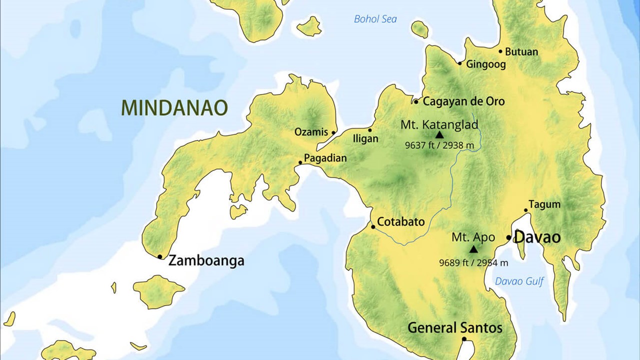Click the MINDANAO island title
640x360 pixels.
click(x=174, y=107)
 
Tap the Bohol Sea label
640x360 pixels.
click(x=375, y=19)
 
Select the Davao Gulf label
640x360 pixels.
click(x=519, y=281)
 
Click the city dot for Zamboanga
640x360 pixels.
click(x=160, y=256)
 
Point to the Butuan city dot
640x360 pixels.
click(x=500, y=51)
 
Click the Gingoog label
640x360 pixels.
click(x=485, y=64)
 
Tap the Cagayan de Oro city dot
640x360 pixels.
click(x=415, y=101)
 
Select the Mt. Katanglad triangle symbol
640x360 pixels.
click(x=439, y=134)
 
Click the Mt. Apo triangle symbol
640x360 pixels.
click(x=473, y=249)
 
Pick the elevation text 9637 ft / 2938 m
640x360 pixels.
click(x=439, y=145)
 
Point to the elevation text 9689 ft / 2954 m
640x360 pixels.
click(x=473, y=262)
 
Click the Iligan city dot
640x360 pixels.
click(x=370, y=130)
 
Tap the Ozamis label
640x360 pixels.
click(x=311, y=132)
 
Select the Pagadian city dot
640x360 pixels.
click(x=300, y=162)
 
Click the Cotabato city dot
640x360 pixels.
click(x=373, y=226)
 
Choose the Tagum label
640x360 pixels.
click(x=544, y=204)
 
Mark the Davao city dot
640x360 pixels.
click(x=508, y=237)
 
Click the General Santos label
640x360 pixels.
click(x=455, y=328)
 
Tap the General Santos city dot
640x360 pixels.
click(x=464, y=339)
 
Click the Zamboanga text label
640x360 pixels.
click(x=206, y=260)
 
